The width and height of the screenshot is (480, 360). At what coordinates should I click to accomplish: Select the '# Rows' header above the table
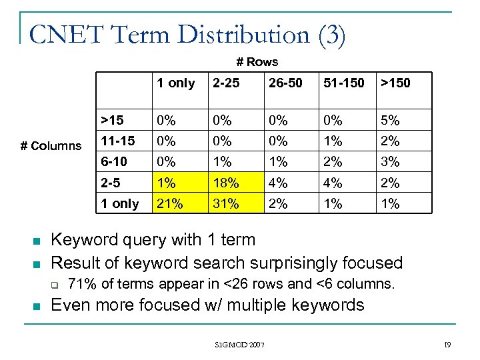(257, 62)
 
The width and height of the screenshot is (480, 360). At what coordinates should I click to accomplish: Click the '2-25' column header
(225, 83)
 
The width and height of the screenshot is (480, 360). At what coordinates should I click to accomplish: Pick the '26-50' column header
(285, 83)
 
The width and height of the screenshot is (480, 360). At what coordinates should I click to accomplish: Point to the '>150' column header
(395, 83)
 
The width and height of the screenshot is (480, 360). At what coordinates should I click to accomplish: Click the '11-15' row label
(117, 141)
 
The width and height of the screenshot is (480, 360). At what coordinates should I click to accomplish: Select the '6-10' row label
(114, 162)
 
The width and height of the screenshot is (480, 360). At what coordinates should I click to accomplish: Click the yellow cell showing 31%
(225, 204)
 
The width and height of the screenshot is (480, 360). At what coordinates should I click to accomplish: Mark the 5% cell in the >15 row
(389, 121)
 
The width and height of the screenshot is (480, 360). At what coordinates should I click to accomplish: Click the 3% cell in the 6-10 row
(389, 162)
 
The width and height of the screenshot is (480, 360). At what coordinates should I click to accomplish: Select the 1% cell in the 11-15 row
(333, 141)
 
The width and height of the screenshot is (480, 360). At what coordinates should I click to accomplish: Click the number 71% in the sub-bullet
(81, 284)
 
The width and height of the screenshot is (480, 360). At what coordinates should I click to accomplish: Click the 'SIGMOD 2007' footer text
(240, 345)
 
